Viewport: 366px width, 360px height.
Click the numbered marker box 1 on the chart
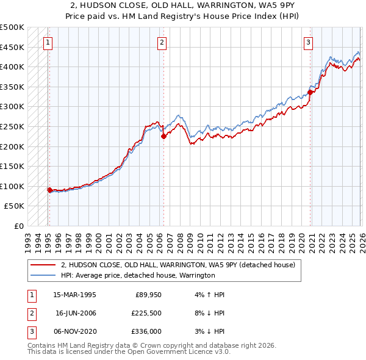(x=48, y=43)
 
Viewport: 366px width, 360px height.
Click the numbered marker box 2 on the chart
(x=162, y=43)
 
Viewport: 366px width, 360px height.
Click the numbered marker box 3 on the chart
(x=309, y=43)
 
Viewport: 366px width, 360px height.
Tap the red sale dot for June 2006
(x=163, y=137)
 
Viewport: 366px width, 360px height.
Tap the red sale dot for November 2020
(x=310, y=93)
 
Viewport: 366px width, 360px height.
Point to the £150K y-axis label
(x=12, y=166)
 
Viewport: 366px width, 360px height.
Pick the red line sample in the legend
(x=43, y=265)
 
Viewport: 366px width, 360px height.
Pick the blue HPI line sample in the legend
(x=43, y=275)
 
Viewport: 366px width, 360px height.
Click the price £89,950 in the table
(x=148, y=295)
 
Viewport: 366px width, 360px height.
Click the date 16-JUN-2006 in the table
(x=76, y=313)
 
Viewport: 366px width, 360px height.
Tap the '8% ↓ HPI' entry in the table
(x=212, y=313)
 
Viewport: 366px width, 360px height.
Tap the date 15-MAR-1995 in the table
(x=76, y=295)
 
